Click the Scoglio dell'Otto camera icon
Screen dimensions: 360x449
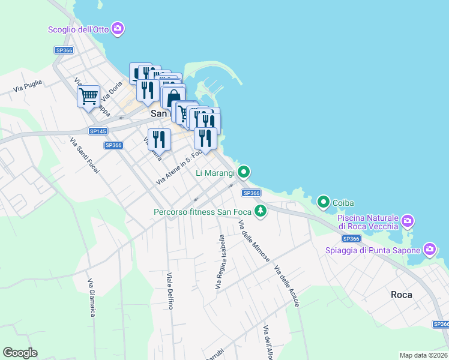(118, 28)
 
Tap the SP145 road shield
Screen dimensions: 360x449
(97, 131)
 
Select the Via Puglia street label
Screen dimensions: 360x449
(28, 86)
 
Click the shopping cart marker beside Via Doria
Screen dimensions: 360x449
(89, 95)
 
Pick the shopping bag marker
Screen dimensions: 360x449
(173, 97)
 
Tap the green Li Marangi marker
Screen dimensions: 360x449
(244, 173)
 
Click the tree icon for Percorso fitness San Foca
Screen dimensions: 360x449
(261, 211)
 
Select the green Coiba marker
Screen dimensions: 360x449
(324, 202)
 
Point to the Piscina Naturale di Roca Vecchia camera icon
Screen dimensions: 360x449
(408, 221)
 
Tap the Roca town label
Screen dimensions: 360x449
(401, 295)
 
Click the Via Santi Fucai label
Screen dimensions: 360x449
(85, 155)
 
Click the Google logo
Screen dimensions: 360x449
(20, 353)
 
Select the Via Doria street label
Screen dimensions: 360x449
(112, 91)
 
